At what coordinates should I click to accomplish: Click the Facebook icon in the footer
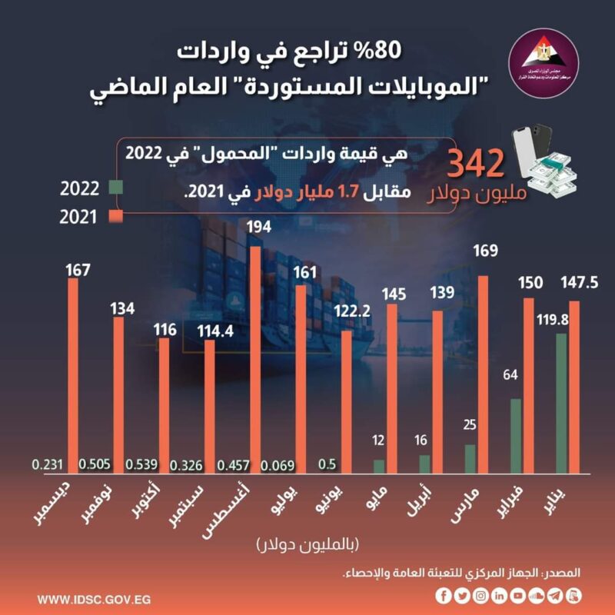(x=444, y=596)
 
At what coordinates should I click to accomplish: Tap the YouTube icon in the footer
(x=518, y=596)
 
